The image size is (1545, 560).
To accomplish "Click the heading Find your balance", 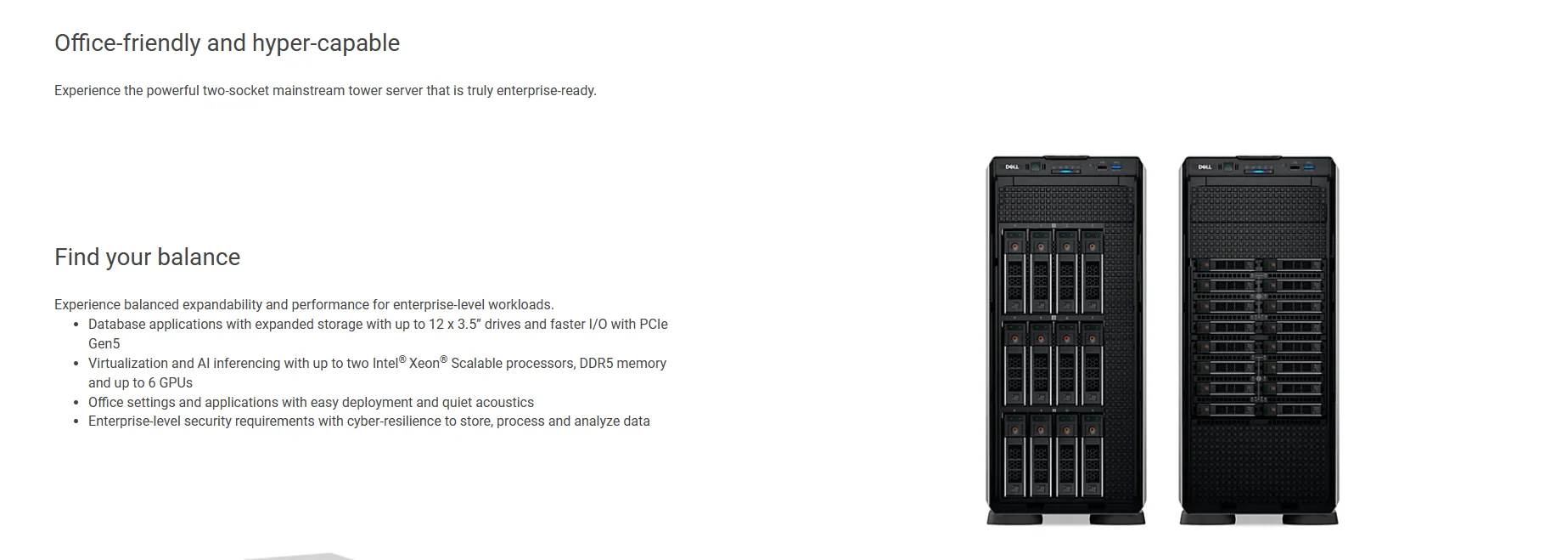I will [147, 257].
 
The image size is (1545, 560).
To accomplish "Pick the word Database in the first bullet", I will [116, 325].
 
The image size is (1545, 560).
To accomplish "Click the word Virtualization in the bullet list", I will [128, 364].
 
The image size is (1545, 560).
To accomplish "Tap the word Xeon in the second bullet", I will [424, 364].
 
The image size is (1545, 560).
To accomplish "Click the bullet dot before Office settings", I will [77, 403].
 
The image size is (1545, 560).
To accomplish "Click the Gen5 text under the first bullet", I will [104, 344].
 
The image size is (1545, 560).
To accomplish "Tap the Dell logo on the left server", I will [1012, 167].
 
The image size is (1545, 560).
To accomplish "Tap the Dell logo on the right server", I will [1204, 167].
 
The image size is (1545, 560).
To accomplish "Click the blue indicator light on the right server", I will [1261, 172].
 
